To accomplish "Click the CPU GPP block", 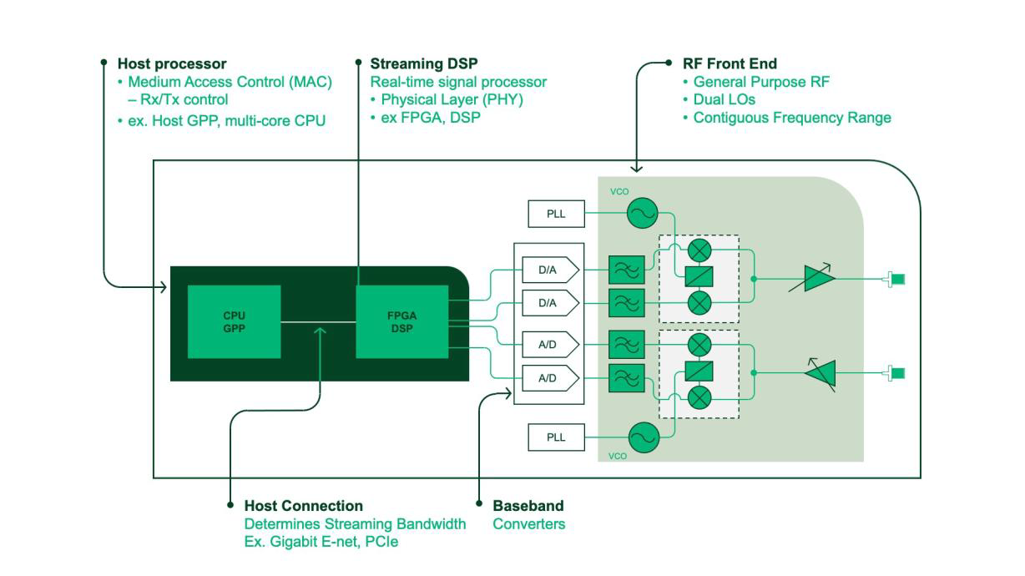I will tap(234, 321).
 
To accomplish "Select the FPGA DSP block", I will tap(401, 321).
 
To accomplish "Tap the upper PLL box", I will tap(556, 214).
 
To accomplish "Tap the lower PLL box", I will tap(556, 437).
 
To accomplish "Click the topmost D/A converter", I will tap(549, 270).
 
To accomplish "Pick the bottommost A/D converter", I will tap(549, 378).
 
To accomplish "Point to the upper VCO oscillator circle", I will tap(642, 214).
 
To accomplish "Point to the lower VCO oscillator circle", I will tap(643, 437).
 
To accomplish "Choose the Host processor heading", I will tap(172, 63).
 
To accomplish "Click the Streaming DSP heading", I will tap(424, 63).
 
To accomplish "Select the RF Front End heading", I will tap(730, 63).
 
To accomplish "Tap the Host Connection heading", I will tap(303, 506).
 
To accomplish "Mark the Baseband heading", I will tap(528, 506).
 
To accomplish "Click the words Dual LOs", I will tap(724, 99).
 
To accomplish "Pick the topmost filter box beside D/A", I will tap(627, 270).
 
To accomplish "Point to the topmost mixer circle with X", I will tap(699, 249).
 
